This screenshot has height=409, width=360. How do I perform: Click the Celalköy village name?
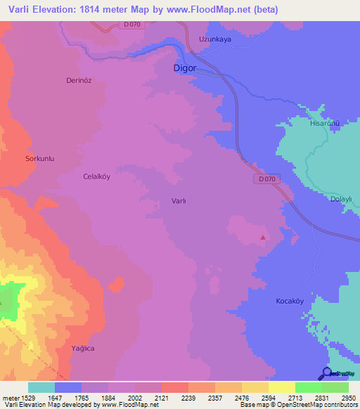click(x=97, y=177)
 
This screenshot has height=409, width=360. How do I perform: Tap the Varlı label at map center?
click(x=179, y=201)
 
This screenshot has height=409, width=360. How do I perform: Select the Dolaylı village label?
click(x=340, y=199)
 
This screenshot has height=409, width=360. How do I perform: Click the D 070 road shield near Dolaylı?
click(x=266, y=180)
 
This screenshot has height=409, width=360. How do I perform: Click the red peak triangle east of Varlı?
click(x=263, y=238)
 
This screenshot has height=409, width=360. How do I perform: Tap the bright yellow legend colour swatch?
click(x=281, y=387)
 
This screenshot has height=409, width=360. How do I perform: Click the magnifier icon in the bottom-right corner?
click(x=326, y=373)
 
